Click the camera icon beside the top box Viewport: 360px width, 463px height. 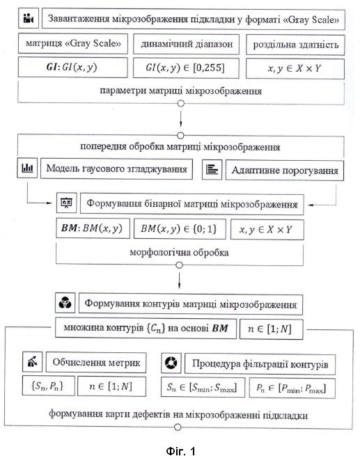point(29,19)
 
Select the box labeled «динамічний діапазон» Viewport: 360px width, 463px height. point(186,45)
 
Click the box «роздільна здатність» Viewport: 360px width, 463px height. point(295,45)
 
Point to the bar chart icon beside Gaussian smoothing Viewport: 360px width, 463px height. point(27,168)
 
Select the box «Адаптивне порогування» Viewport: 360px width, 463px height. point(285,171)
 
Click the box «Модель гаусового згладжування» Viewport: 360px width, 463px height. point(116,169)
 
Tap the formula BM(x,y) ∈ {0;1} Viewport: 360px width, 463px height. point(180,229)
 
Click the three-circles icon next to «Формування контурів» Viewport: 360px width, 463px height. point(65,303)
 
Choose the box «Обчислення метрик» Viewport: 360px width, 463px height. point(96,362)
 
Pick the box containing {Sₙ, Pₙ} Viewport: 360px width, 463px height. point(49,386)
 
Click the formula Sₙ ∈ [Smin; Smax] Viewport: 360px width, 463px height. point(203,387)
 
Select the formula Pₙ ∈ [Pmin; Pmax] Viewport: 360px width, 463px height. point(292,388)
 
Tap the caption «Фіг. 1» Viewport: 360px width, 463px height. point(180,451)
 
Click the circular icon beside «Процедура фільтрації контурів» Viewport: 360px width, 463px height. point(171,363)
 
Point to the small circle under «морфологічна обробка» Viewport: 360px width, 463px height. point(179,265)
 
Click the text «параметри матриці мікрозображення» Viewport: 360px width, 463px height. point(181,91)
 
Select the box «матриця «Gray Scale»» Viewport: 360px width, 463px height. point(73,43)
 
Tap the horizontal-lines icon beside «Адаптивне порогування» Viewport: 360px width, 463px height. point(212,169)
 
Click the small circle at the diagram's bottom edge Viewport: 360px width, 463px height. point(177,427)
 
